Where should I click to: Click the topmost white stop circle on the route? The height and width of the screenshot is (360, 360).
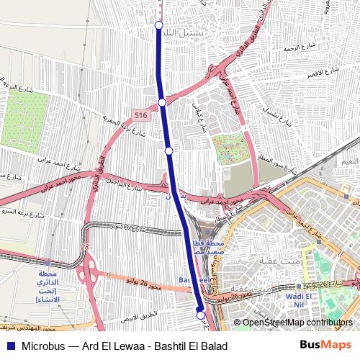(x=159, y=25)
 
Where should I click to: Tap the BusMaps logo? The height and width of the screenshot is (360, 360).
(x=325, y=346)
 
